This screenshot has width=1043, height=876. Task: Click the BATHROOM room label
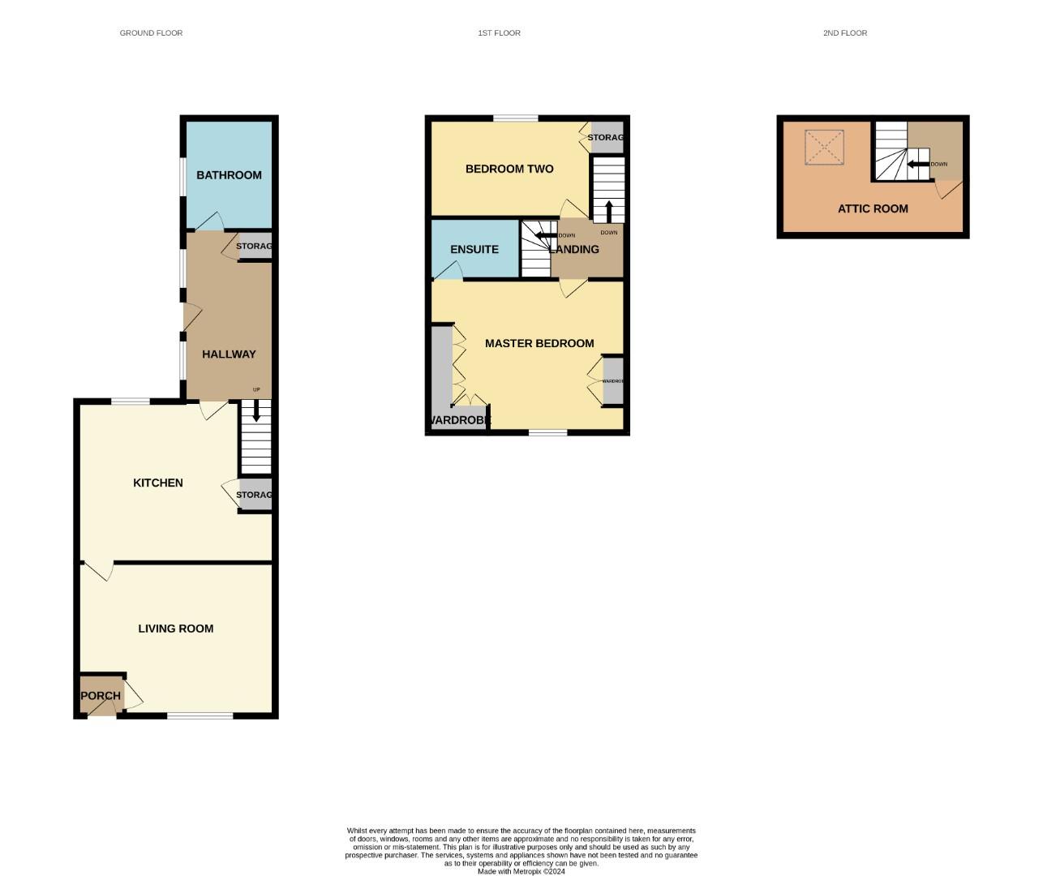[x=229, y=175]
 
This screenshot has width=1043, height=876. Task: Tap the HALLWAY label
[x=229, y=354]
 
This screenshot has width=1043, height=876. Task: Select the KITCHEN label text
[x=158, y=483]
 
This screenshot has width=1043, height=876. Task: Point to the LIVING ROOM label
[x=176, y=629]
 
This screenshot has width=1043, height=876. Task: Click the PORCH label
[x=101, y=696]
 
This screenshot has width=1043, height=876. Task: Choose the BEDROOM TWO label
[x=509, y=169]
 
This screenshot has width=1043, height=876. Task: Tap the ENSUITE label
[x=474, y=249]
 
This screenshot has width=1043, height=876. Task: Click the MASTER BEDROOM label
[x=539, y=343]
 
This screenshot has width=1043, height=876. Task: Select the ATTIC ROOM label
[x=873, y=208]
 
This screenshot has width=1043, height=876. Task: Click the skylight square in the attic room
[x=824, y=148]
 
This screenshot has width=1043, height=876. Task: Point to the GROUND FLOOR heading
[x=151, y=33]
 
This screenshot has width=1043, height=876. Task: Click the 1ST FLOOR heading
[x=499, y=33]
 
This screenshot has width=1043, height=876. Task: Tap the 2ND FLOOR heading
[x=845, y=33]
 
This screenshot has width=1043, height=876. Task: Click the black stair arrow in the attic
[x=917, y=165]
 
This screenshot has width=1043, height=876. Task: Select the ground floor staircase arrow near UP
[x=256, y=411]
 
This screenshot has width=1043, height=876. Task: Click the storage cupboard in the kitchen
[x=255, y=495]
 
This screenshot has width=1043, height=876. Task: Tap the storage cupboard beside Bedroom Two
[x=607, y=137]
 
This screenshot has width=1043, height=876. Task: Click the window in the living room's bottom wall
[x=200, y=715]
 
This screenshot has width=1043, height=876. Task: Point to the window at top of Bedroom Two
[x=516, y=118]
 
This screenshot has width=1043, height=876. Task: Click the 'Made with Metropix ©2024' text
[x=521, y=871]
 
